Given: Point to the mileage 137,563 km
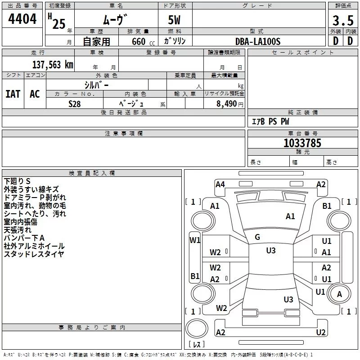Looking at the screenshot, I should pos(53,64).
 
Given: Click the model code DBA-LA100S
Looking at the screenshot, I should pos(258,41).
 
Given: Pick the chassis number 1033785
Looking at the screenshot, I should pos(302,143).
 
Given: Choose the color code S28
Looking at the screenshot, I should pos(75,103).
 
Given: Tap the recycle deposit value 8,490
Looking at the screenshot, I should pos(226,103).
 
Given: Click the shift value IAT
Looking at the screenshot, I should pos(13,94).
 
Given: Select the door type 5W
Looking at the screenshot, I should pos(175,21).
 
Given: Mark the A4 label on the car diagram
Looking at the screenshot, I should pos(220,184).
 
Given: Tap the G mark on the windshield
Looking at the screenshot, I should pos(257,237).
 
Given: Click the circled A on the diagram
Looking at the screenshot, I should pos(339,294).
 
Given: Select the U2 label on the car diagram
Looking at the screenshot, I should pos(321,332).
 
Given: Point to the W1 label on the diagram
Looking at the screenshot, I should pos(195,240).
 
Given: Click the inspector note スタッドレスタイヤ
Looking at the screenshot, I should pos(34,254).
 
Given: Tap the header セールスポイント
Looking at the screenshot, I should pos(297,53).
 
